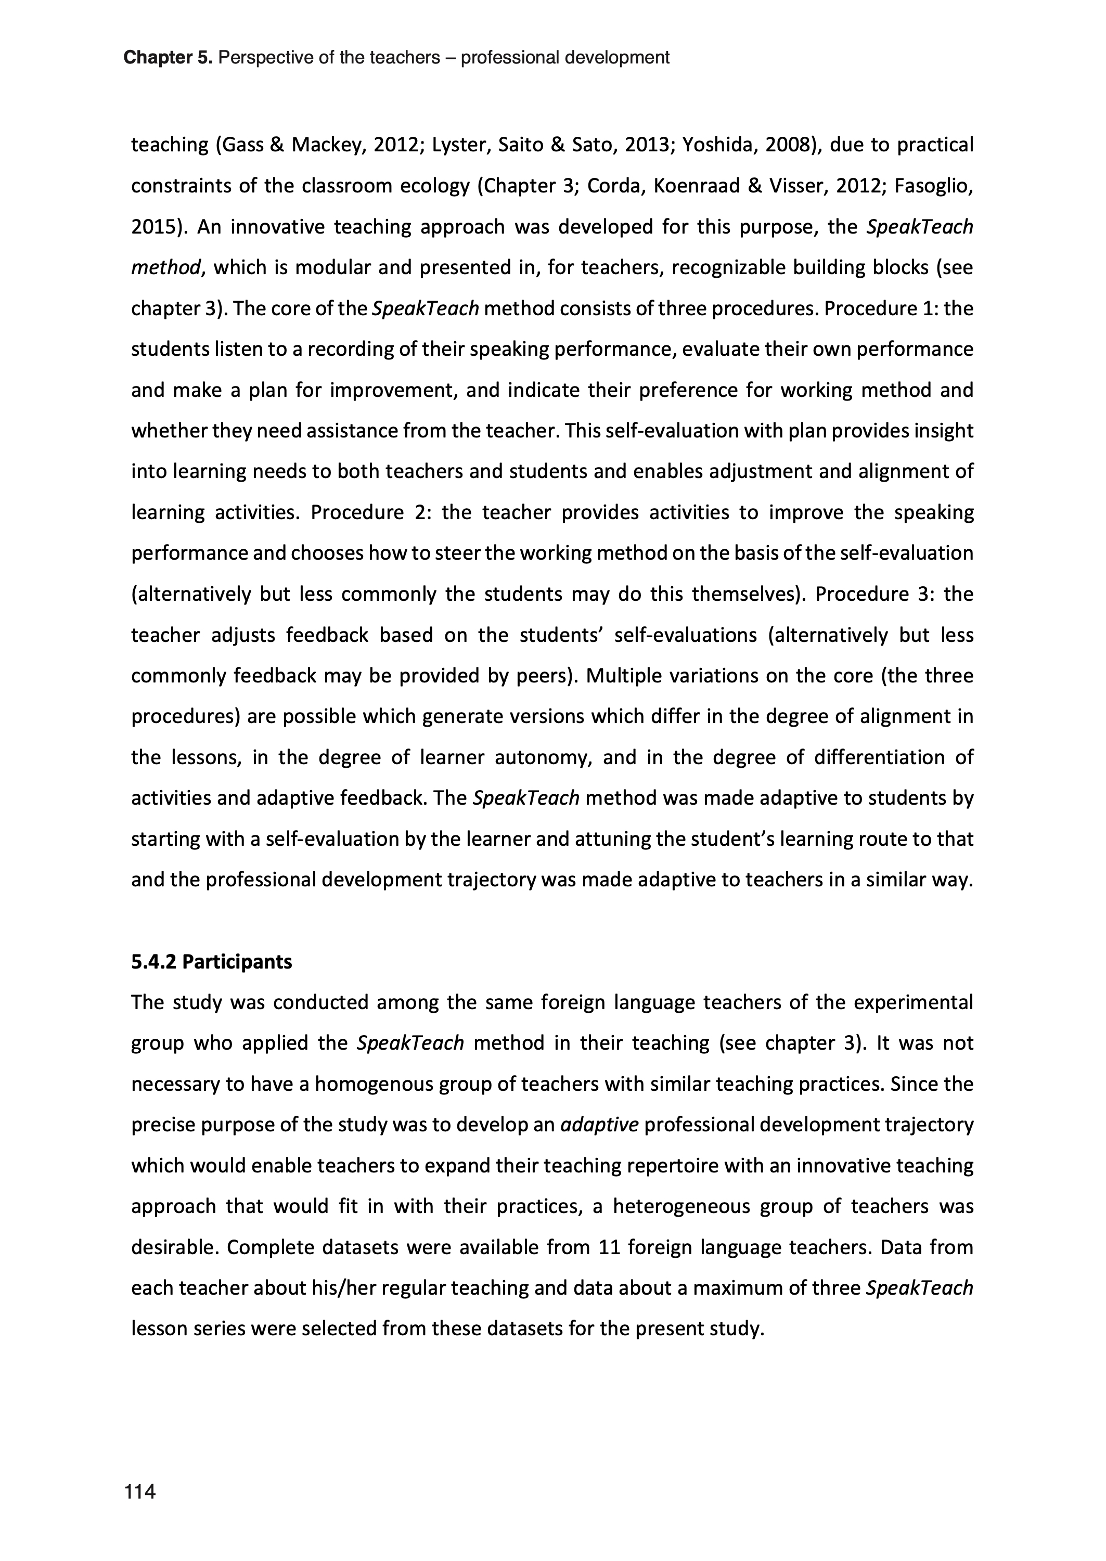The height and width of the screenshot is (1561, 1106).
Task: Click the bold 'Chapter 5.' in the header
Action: pyautogui.click(x=168, y=58)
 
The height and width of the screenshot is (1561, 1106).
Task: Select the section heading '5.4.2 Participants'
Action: pyautogui.click(x=211, y=962)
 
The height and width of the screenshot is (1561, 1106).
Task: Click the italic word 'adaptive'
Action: pyautogui.click(x=599, y=1125)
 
